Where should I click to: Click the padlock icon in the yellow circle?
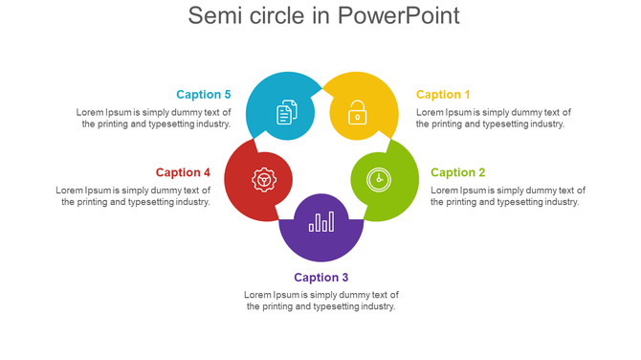coord(356,113)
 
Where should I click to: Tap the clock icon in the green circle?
coord(379,178)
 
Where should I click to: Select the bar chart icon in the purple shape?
coord(321,221)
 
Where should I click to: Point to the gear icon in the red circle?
coord(263,179)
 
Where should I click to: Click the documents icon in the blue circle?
coord(286,113)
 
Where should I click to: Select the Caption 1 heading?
coord(443,95)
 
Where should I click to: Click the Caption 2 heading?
coord(457,172)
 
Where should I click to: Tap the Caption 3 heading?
coord(321,278)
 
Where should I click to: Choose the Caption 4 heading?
coord(183,172)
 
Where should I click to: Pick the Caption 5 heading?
coord(204,95)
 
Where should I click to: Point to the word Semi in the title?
coord(213,16)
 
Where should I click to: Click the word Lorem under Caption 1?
coord(430,112)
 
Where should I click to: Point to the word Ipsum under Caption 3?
coord(285,295)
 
